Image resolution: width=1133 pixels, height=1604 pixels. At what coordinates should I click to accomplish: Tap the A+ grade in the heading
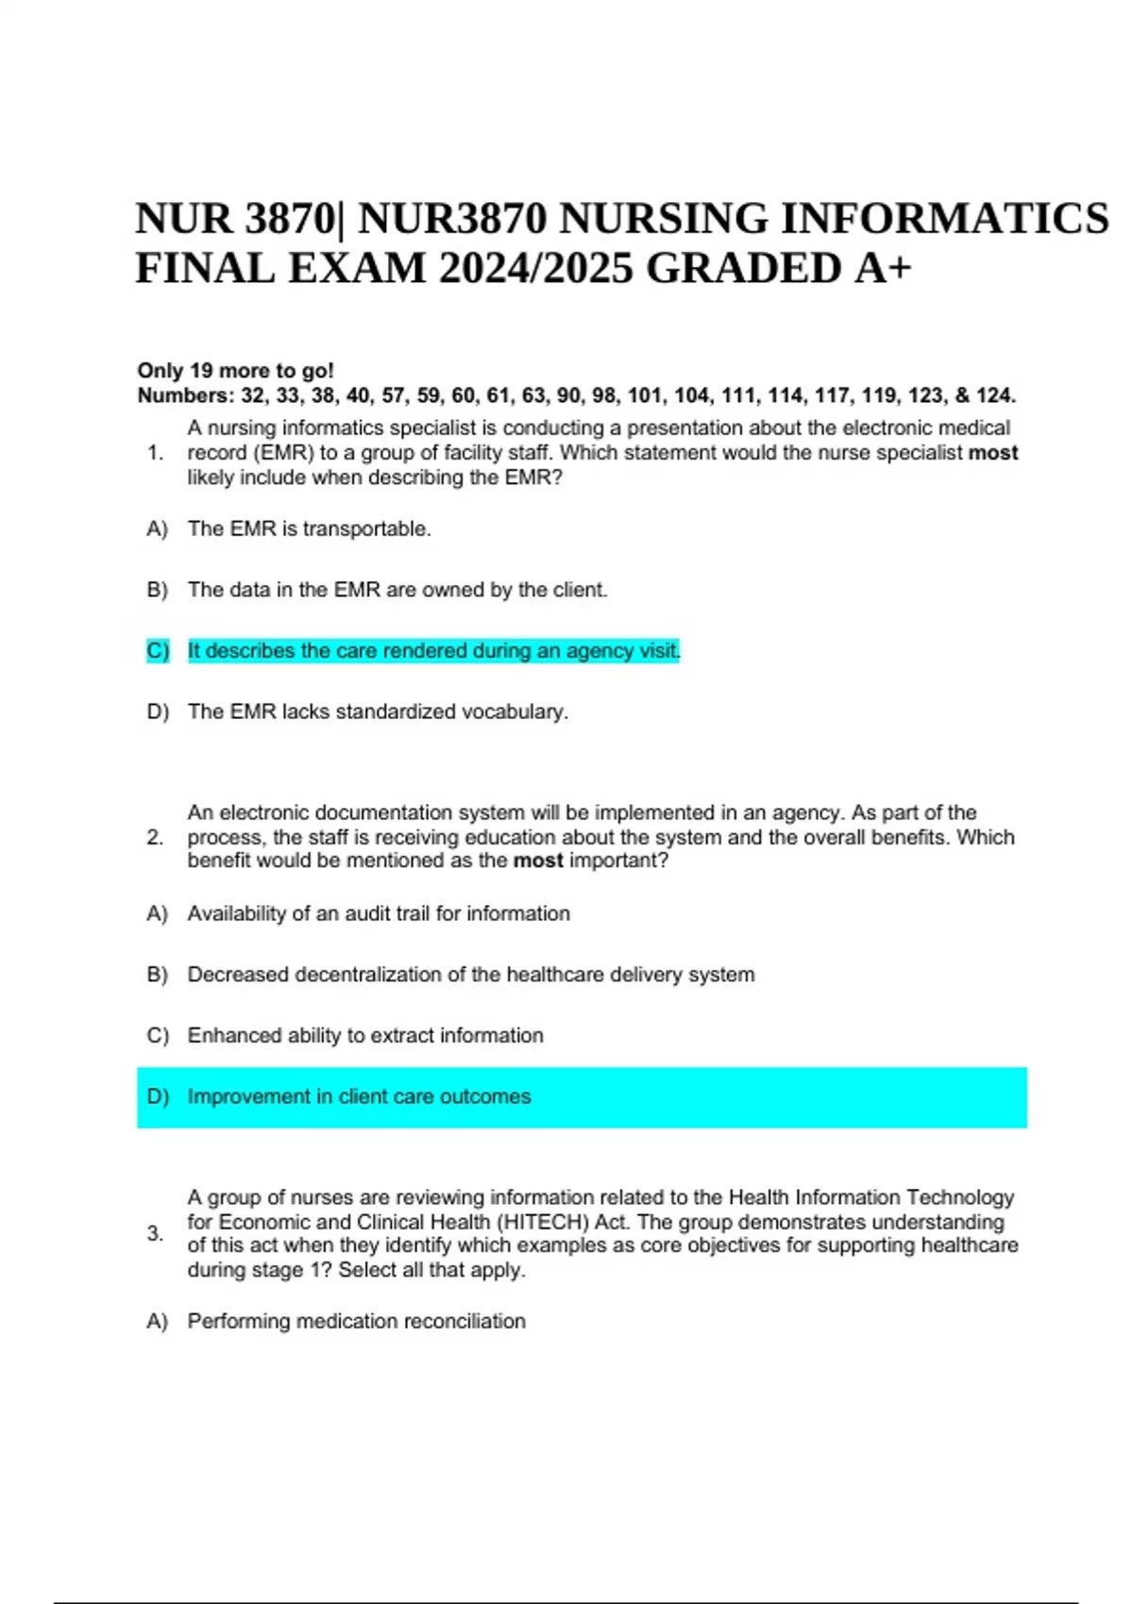click(x=884, y=269)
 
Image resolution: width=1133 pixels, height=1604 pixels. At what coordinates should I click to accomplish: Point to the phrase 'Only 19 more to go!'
click(x=236, y=370)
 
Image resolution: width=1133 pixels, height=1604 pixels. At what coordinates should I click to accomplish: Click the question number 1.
click(x=155, y=453)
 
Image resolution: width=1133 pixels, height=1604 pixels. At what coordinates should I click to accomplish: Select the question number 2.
click(x=155, y=837)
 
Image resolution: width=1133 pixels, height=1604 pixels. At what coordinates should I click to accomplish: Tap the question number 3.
click(x=155, y=1233)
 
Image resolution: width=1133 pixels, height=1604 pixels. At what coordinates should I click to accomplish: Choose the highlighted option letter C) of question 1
click(x=158, y=651)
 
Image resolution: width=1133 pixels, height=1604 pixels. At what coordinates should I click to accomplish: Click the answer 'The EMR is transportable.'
click(x=309, y=529)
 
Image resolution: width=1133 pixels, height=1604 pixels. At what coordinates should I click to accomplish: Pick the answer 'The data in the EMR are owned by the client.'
click(x=397, y=590)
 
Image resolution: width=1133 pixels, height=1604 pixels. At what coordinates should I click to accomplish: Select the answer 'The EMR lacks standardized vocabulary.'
click(x=378, y=711)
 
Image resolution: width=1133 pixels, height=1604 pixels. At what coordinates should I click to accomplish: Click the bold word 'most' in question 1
click(x=993, y=453)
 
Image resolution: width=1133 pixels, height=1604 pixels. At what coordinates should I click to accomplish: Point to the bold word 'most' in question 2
click(x=538, y=860)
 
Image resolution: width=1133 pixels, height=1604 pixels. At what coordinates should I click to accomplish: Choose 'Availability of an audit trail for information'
click(x=379, y=913)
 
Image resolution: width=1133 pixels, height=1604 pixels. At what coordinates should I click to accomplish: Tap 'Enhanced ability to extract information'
click(x=365, y=1035)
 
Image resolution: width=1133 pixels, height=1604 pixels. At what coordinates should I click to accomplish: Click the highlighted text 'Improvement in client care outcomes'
click(x=359, y=1096)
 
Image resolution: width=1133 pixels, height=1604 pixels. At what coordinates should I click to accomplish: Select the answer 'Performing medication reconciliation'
click(x=356, y=1321)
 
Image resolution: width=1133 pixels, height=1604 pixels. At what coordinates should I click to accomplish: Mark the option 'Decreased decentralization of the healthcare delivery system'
click(x=471, y=975)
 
